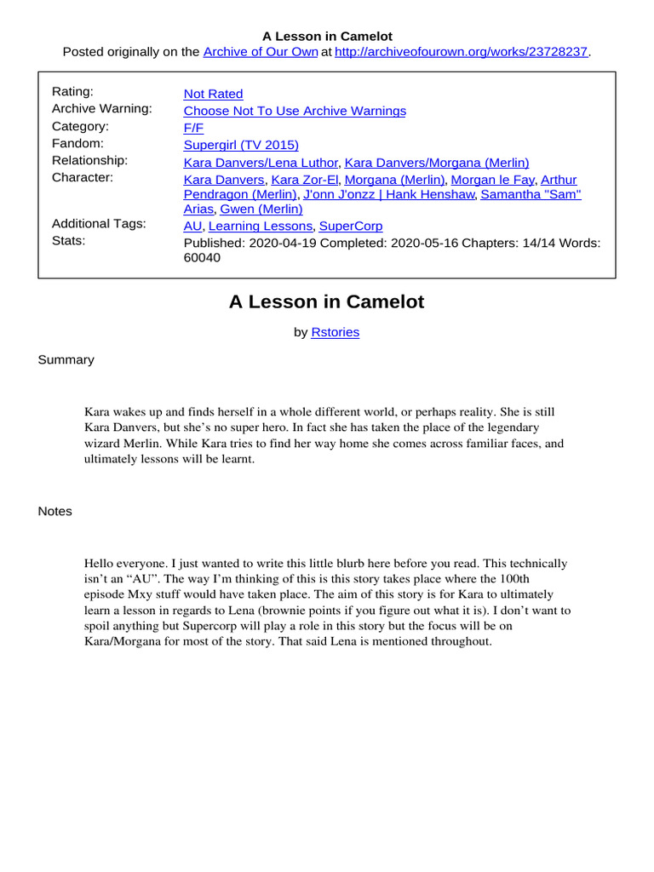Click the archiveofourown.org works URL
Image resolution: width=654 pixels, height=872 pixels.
pos(462,52)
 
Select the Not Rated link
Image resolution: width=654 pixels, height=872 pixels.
pos(213,94)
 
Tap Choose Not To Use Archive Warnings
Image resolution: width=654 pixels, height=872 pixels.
pos(295,111)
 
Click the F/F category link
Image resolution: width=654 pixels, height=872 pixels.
pos(192,128)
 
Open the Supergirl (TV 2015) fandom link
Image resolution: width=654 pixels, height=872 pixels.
pos(241,145)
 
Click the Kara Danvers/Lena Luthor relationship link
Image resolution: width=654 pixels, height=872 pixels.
pos(261,162)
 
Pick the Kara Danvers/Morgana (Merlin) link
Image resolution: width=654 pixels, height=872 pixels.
pos(437,162)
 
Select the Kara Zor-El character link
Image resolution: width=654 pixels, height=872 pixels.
pos(305,180)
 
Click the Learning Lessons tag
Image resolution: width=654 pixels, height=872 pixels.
pos(260,227)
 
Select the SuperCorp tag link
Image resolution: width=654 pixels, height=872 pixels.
pos(351,227)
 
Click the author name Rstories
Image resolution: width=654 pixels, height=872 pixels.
pos(336,332)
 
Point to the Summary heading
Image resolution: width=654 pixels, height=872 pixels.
pos(66,359)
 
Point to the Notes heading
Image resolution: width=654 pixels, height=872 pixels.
pos(55,511)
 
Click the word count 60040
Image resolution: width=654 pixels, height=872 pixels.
pos(202,258)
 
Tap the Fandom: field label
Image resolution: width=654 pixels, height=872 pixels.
pos(77,143)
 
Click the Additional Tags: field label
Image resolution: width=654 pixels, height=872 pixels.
pos(99,223)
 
